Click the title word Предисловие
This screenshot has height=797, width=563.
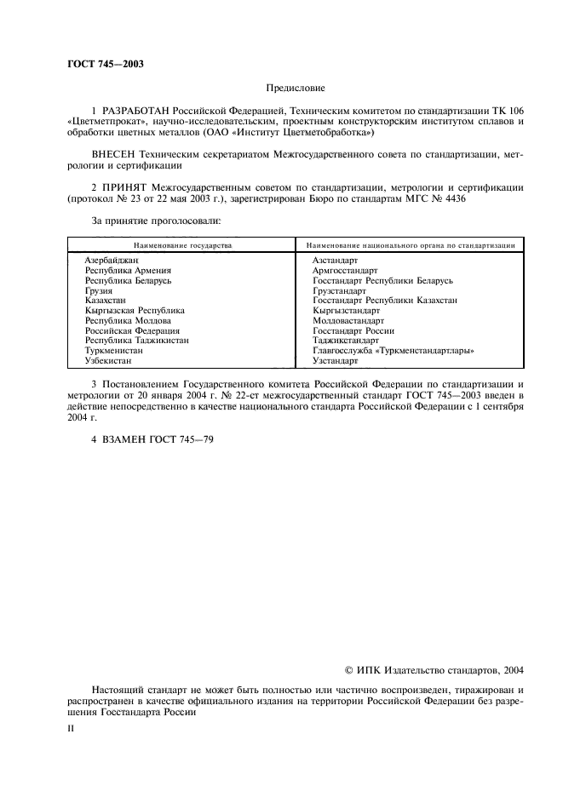296,87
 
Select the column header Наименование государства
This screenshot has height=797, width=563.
181,244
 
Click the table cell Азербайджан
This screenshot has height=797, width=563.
112,259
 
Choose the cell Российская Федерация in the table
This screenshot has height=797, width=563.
132,331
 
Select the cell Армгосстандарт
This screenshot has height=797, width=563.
345,270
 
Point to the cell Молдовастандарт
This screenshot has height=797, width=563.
348,321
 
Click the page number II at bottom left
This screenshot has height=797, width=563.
71,729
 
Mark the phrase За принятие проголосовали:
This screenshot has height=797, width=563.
156,221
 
